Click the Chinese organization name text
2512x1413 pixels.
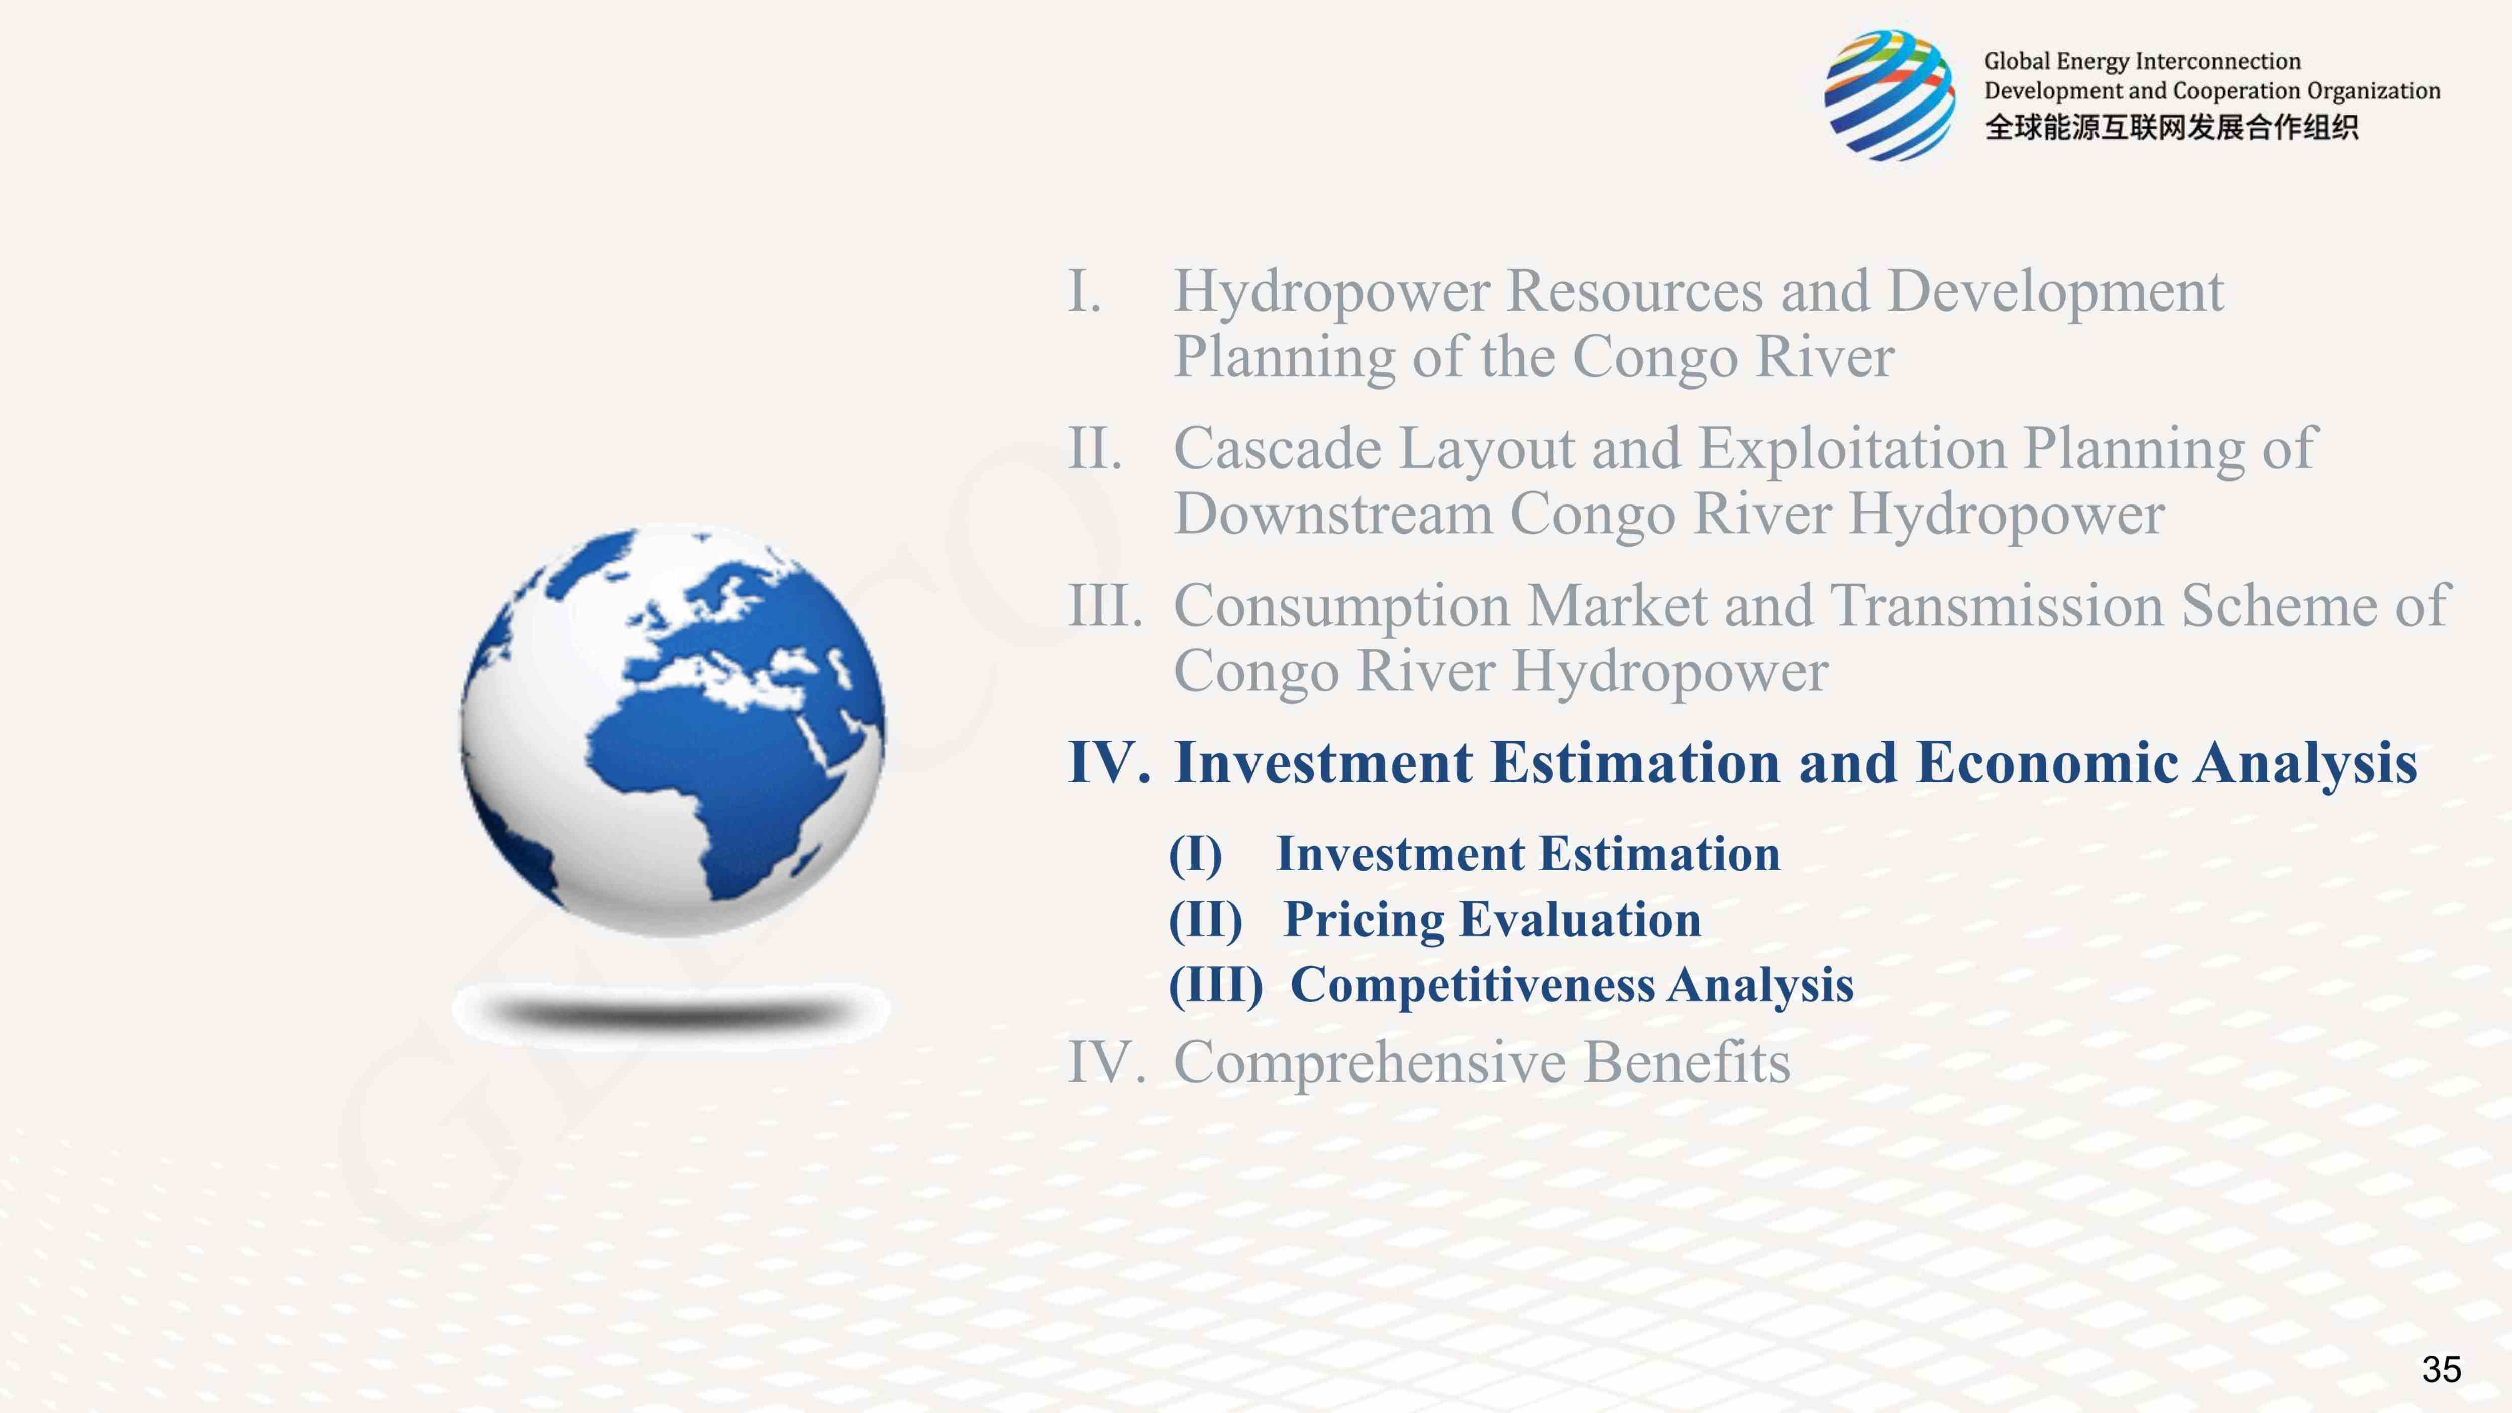2172,127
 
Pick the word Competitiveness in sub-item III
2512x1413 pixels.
1473,985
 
